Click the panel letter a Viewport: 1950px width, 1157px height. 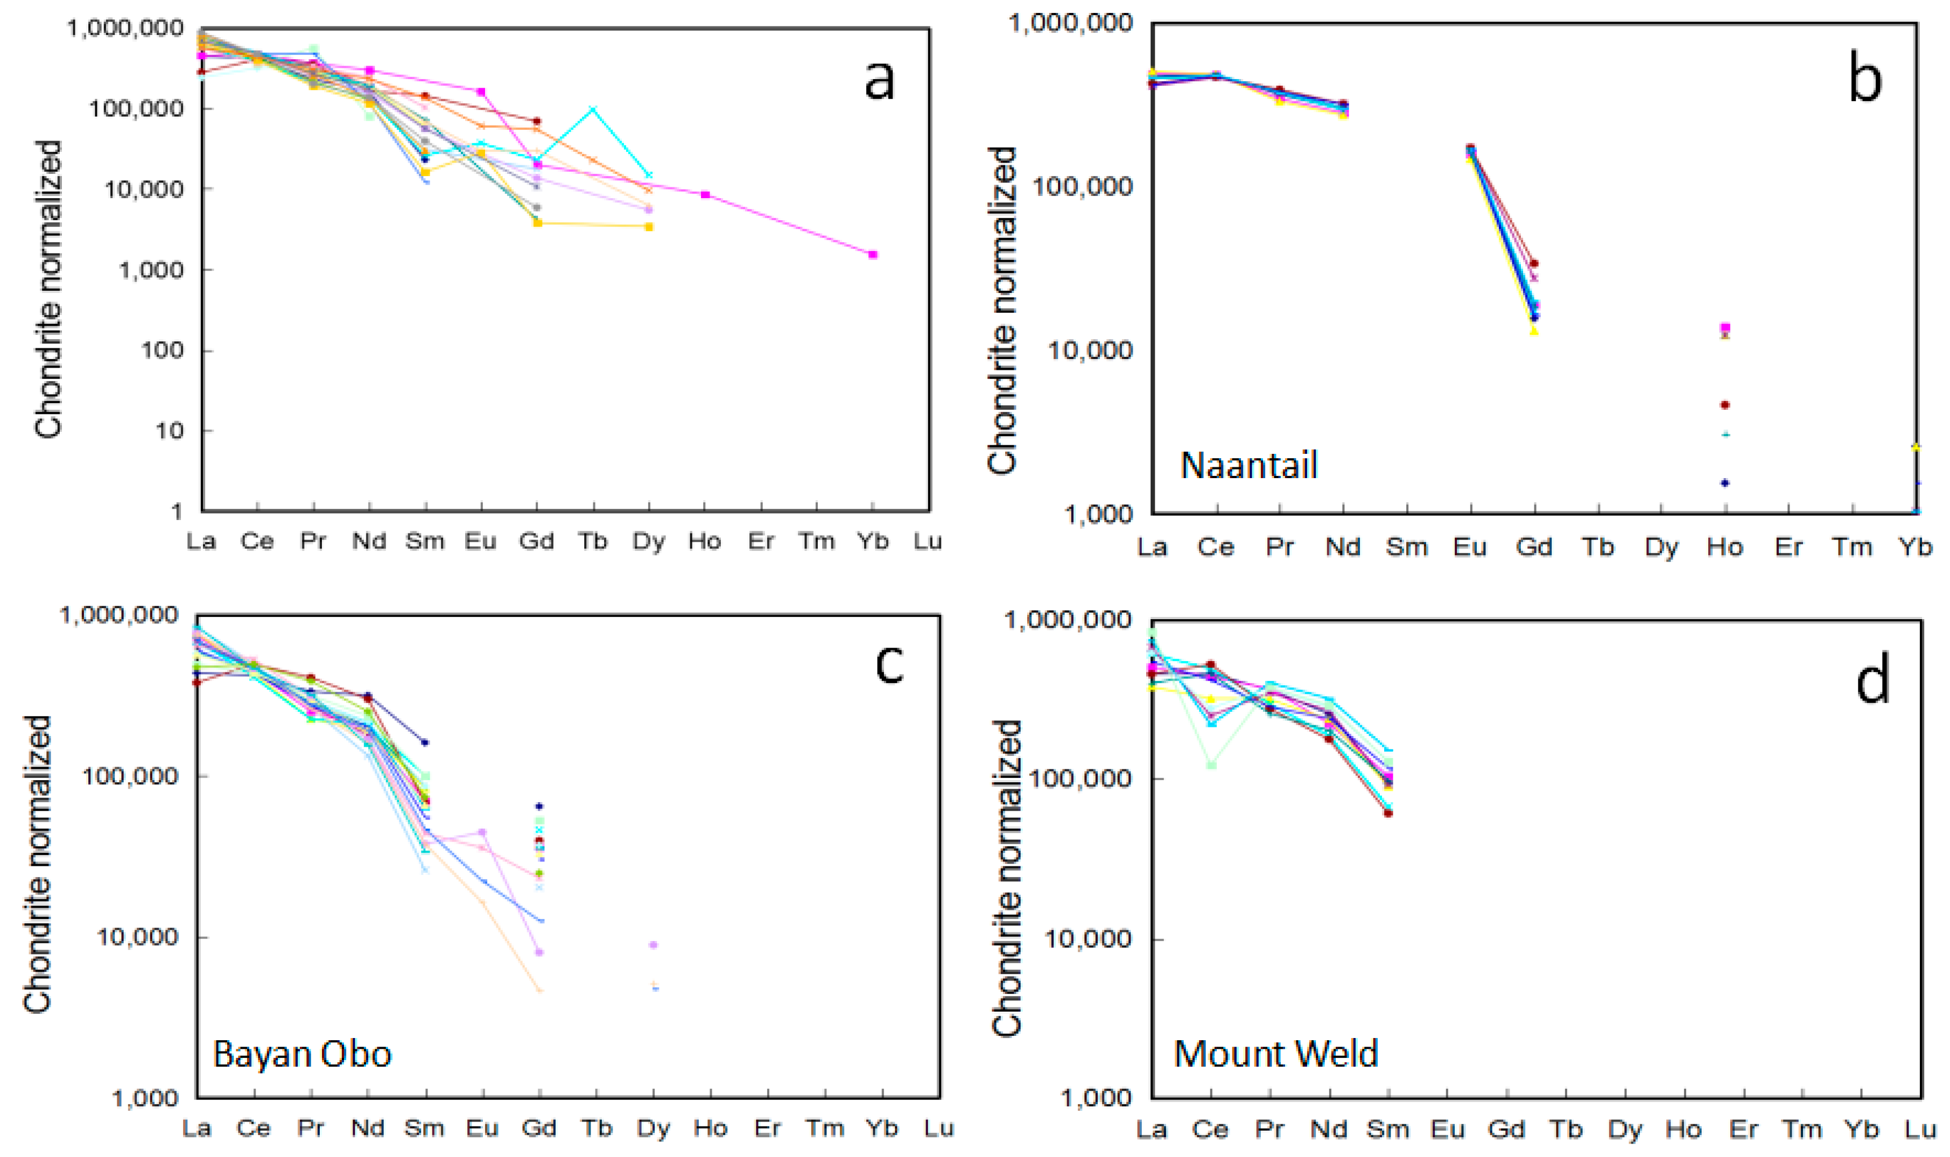pos(879,80)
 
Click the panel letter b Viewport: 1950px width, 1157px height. pos(1865,80)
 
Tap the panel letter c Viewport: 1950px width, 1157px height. pos(889,664)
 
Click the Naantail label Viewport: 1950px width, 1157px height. pos(1248,466)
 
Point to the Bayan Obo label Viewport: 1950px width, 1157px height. pos(301,1054)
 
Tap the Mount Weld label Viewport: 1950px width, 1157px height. pos(1276,1054)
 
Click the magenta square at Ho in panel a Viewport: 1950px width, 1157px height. pos(705,195)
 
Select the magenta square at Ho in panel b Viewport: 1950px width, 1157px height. pos(1725,327)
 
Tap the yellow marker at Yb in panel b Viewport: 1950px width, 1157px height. pos(1916,447)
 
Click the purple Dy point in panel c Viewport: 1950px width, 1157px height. pos(654,945)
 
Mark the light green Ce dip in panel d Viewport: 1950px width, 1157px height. pos(1212,765)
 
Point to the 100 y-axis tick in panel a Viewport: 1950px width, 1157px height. pos(159,350)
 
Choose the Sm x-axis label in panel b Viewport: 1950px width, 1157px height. pos(1407,548)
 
